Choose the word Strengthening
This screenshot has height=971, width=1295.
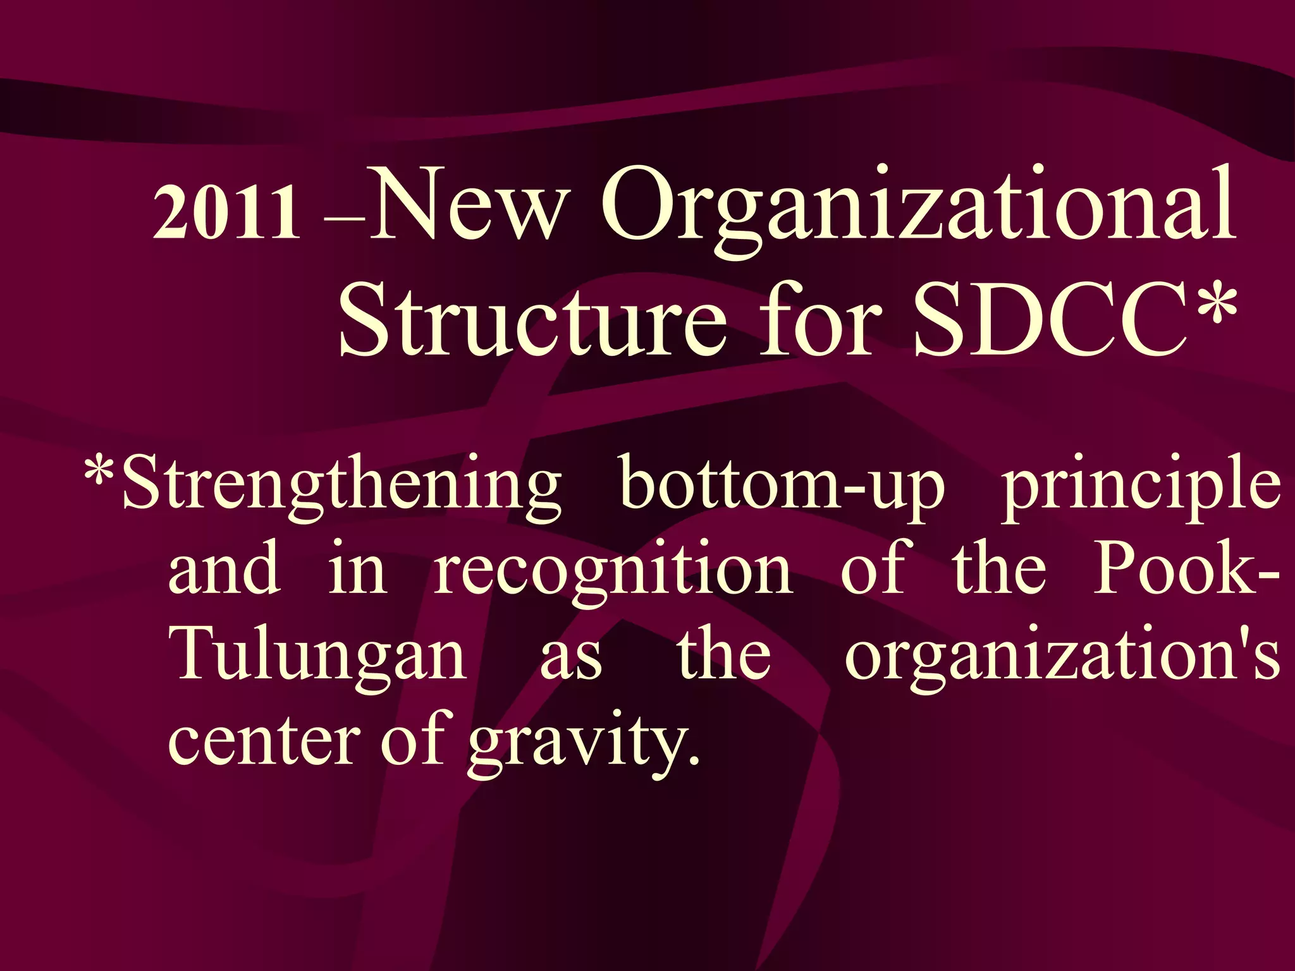coord(341,487)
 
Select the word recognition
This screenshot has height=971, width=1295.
coord(613,572)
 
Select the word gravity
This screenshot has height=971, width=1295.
coord(584,743)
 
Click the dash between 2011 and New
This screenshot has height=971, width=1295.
coord(343,221)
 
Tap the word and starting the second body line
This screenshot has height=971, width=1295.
coord(224,569)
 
